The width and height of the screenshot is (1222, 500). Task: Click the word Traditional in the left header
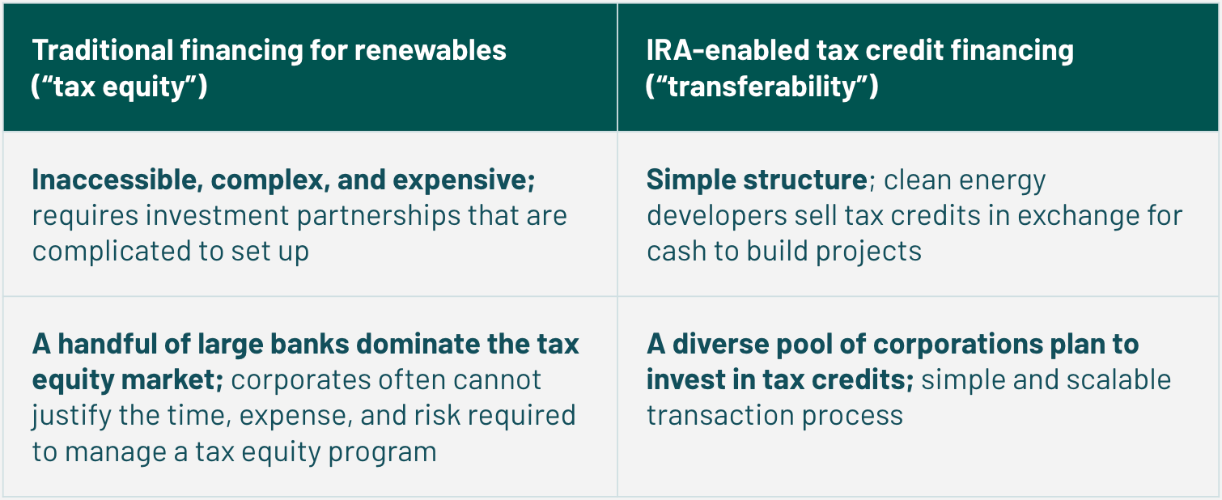pyautogui.click(x=103, y=50)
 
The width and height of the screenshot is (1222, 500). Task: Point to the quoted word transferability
pyautogui.click(x=762, y=87)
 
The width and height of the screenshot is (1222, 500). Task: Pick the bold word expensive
pyautogui.click(x=464, y=180)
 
